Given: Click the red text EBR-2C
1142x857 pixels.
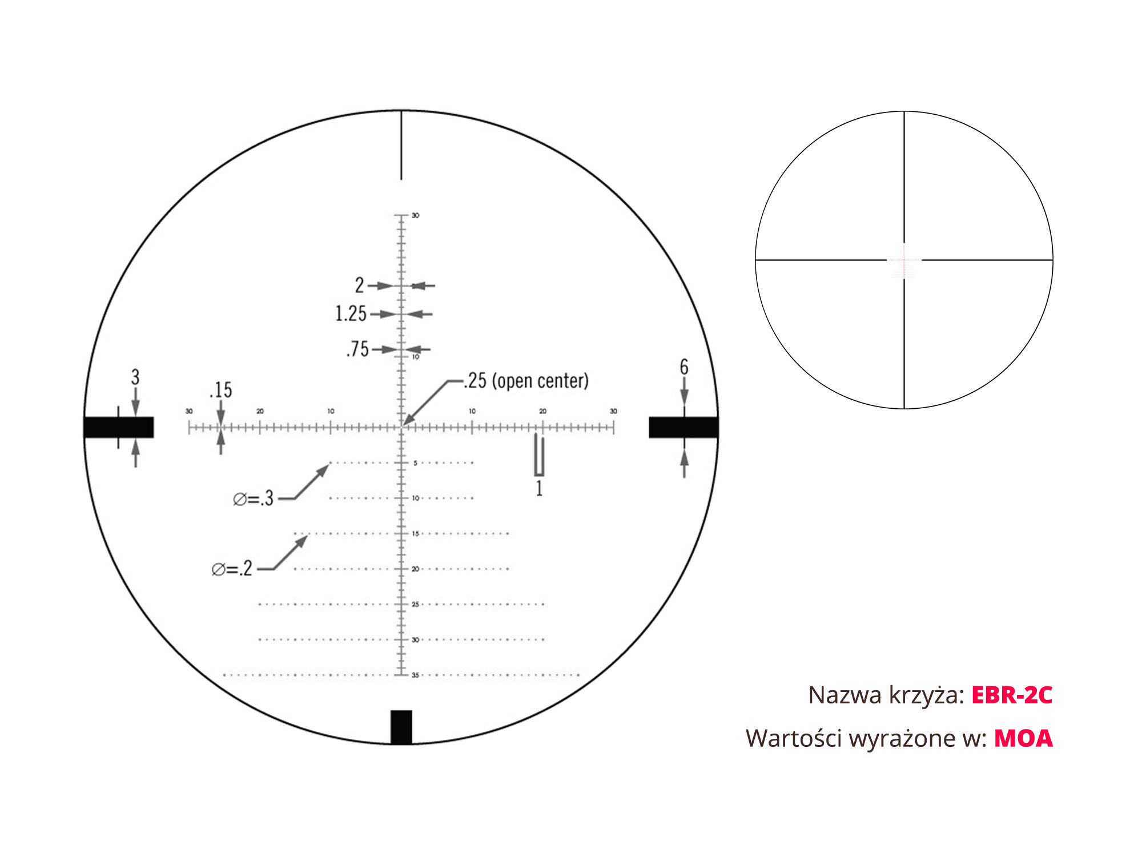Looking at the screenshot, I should coord(1011,695).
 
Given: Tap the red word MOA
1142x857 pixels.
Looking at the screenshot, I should coord(1023,738).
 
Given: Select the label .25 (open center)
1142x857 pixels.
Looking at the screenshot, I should coord(526,381).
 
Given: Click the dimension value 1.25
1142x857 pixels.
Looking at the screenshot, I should coord(351,313).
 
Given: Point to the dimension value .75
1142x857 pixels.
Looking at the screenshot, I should coord(358,349).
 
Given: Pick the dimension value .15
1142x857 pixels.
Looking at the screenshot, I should coord(221,390).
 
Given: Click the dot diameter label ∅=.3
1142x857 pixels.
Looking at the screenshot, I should coord(254,499).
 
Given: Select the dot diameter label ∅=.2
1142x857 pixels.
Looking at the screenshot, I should coord(232,569).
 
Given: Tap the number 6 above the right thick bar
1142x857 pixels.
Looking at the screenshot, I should coord(684,367).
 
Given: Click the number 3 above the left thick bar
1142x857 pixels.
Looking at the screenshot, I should coord(135,377).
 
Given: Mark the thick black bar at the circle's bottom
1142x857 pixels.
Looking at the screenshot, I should coord(401,727).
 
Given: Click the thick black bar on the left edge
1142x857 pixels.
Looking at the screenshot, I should coord(119,427).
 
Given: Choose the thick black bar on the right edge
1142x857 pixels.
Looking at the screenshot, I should coord(683,427).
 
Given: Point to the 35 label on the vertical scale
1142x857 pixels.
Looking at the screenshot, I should coord(415,675).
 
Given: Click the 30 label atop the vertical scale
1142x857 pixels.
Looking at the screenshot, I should coord(415,215).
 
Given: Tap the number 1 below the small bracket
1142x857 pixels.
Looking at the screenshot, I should coord(539,489).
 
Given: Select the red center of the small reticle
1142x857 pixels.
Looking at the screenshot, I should coord(904,260).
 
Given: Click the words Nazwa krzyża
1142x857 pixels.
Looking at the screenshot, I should coord(886,695).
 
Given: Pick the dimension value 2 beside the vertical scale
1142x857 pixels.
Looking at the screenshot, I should coord(359,285).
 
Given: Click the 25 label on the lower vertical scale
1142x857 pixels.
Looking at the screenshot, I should coord(415,604).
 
